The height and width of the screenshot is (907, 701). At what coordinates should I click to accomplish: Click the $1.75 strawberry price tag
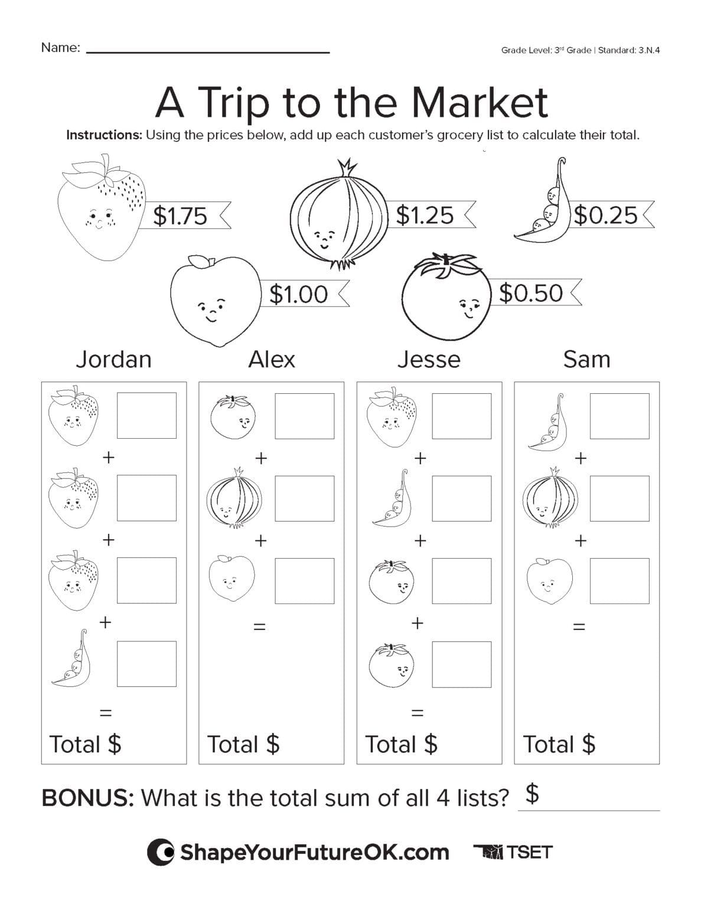click(181, 216)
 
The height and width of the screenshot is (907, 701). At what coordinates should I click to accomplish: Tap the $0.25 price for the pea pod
click(606, 215)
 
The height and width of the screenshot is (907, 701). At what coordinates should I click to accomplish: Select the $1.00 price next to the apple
click(298, 293)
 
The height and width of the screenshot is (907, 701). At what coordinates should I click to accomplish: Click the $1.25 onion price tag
click(425, 215)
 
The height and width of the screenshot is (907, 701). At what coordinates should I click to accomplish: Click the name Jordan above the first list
click(113, 359)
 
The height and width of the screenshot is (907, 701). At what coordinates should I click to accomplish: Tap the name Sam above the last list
click(586, 359)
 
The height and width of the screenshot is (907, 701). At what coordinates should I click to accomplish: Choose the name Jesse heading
click(428, 359)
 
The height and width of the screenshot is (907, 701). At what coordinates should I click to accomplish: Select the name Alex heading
click(271, 359)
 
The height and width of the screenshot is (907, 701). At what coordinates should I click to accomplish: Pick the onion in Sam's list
click(548, 497)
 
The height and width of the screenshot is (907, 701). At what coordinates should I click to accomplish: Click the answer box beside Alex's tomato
click(304, 416)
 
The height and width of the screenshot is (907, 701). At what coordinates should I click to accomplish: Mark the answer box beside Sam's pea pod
click(619, 416)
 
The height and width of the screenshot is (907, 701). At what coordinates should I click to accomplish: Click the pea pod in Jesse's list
click(392, 497)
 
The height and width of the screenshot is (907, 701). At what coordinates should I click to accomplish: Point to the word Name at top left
click(60, 48)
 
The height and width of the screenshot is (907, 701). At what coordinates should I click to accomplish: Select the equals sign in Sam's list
click(579, 627)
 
